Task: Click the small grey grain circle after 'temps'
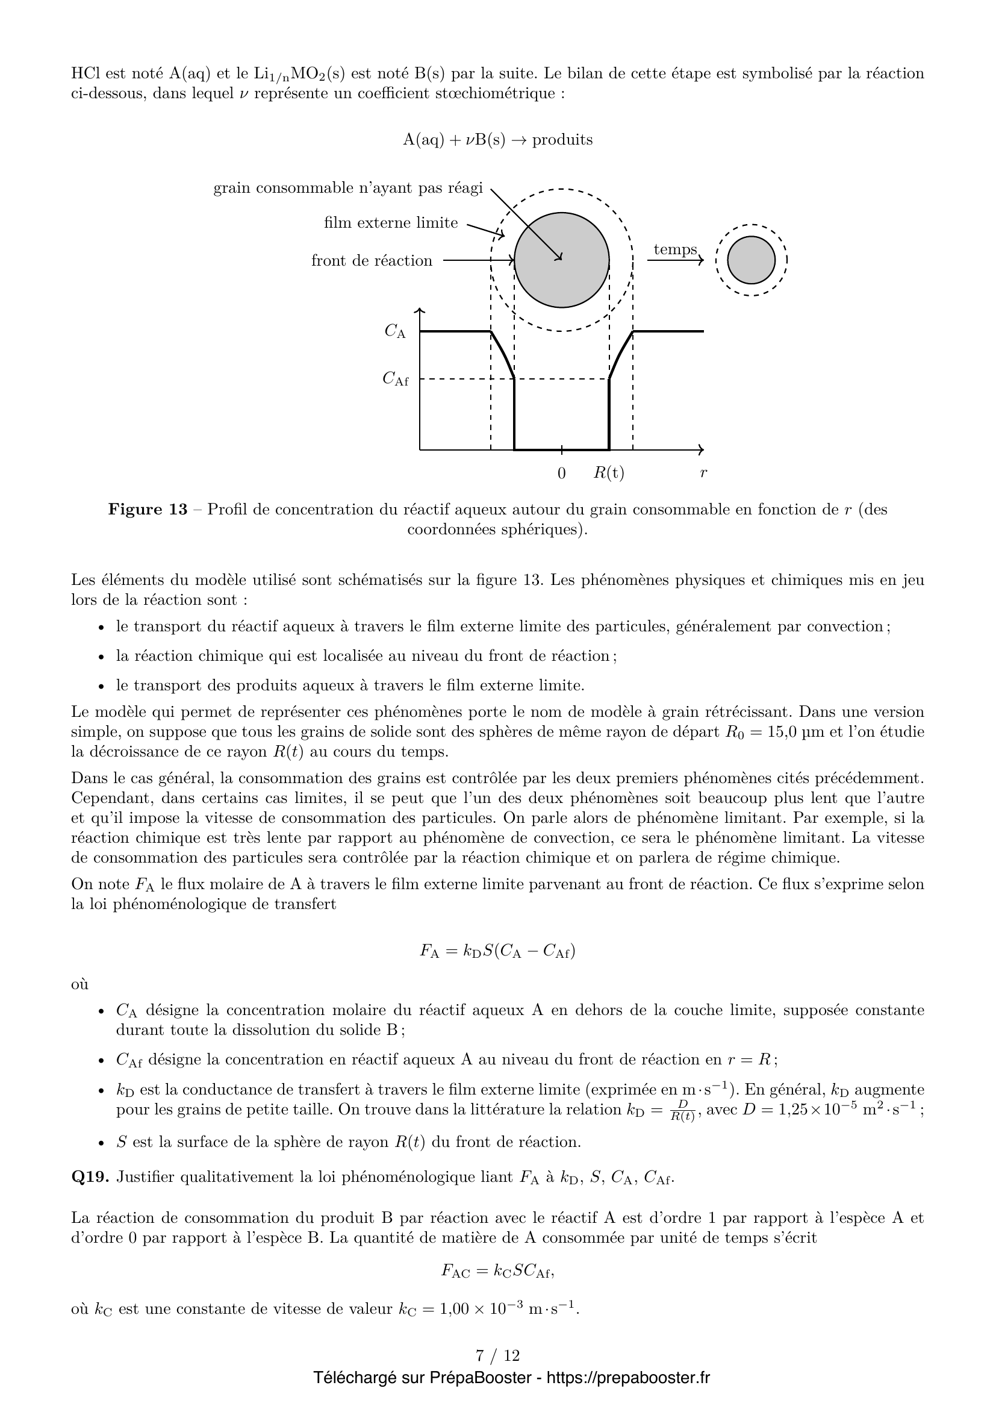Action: [x=752, y=260]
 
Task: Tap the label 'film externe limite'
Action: [x=391, y=223]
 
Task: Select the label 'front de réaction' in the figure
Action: [x=372, y=261]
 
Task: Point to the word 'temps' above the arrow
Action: [x=674, y=249]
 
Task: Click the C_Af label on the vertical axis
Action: [x=396, y=380]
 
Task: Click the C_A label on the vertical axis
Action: [x=396, y=331]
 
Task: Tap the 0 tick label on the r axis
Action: [x=561, y=473]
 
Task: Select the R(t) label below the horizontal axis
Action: [x=608, y=473]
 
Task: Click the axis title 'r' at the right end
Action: [x=703, y=473]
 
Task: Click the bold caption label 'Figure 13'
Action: [x=148, y=510]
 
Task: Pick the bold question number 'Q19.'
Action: [x=90, y=1176]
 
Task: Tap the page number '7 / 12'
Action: [x=497, y=1355]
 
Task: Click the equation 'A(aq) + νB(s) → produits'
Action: [x=497, y=140]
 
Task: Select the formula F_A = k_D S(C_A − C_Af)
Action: [x=497, y=951]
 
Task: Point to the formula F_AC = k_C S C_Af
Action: [x=497, y=1270]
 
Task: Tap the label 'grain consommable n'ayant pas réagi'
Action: [x=347, y=188]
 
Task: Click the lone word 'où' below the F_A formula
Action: [x=79, y=984]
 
